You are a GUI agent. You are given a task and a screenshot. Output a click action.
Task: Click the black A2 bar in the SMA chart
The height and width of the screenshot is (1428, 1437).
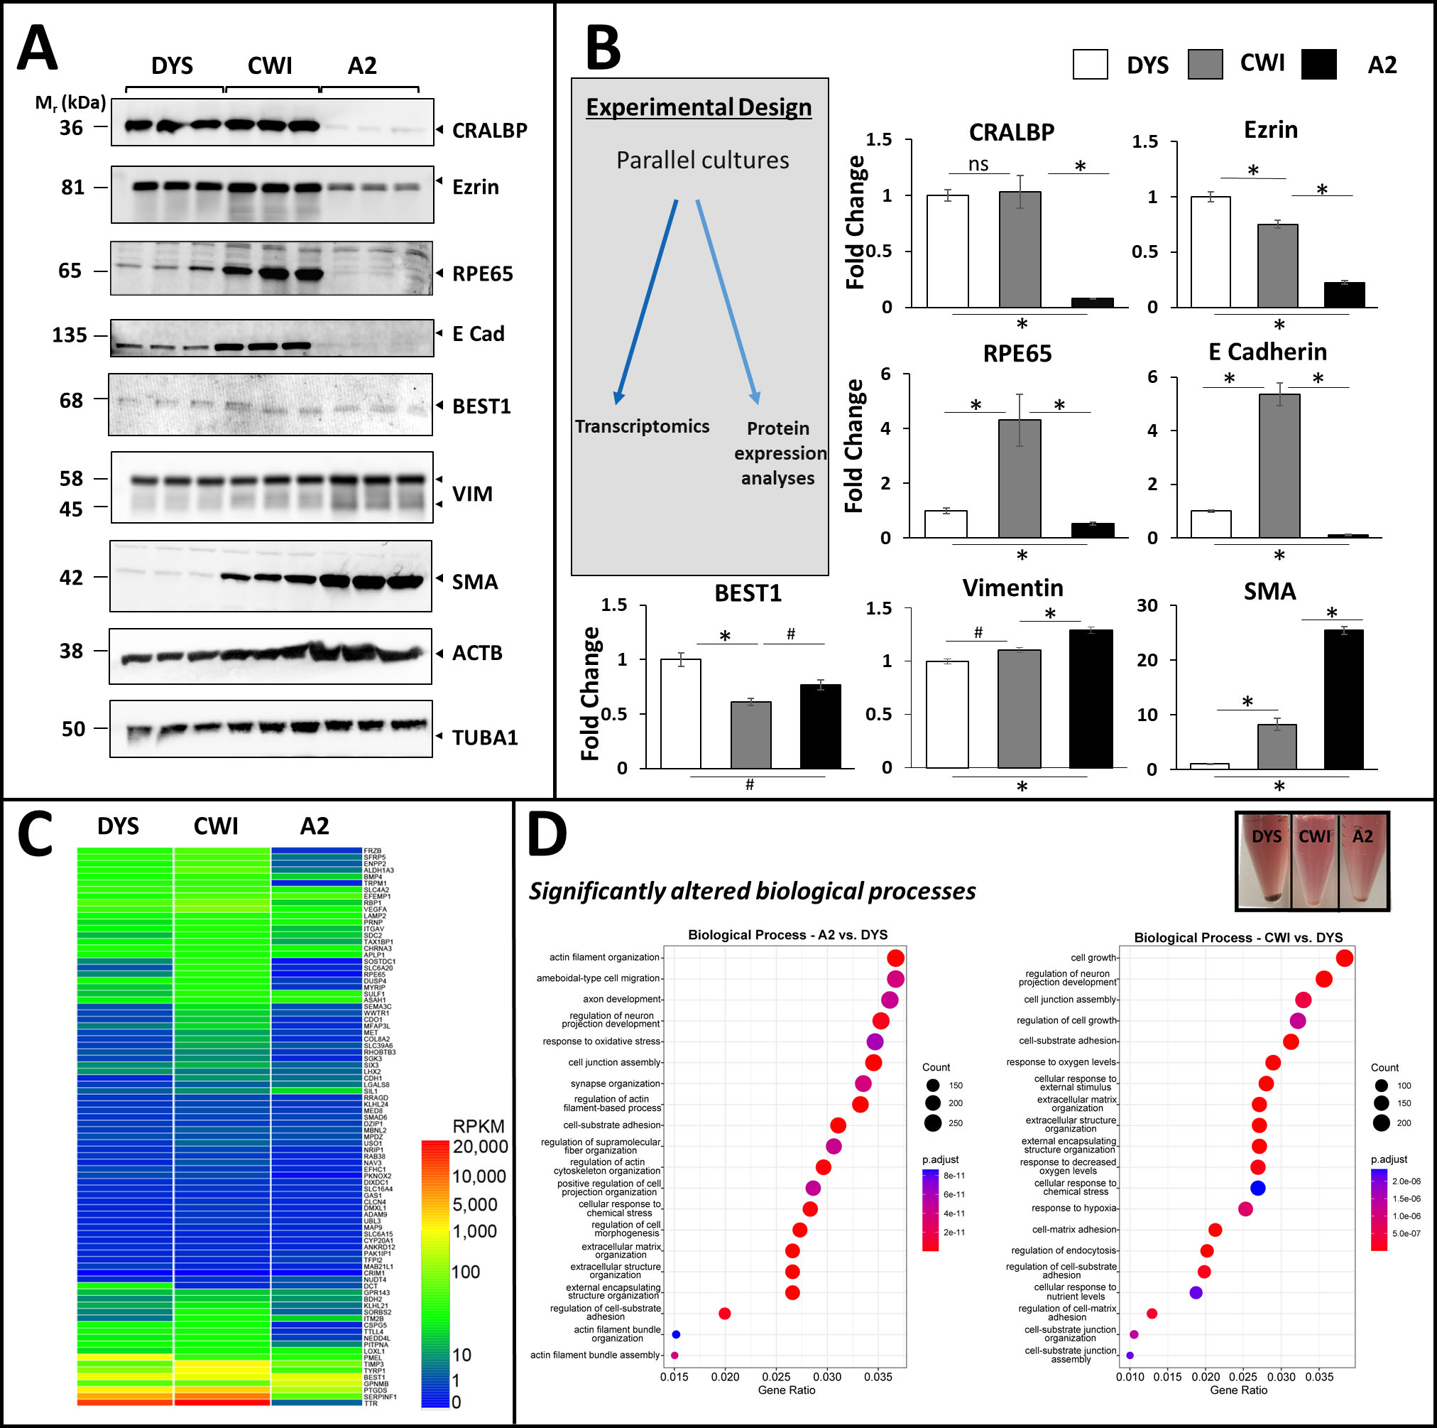[x=1343, y=699]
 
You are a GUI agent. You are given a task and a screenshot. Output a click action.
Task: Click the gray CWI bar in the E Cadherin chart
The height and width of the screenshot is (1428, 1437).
[x=1279, y=466]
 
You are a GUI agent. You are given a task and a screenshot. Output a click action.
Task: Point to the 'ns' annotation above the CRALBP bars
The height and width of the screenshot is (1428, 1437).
[x=978, y=163]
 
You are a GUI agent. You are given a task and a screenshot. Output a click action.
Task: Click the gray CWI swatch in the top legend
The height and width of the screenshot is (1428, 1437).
[x=1205, y=65]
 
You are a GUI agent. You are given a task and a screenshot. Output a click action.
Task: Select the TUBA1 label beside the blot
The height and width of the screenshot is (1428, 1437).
[x=485, y=737]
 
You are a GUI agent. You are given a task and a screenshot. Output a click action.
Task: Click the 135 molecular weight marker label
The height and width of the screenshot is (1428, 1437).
[x=69, y=335]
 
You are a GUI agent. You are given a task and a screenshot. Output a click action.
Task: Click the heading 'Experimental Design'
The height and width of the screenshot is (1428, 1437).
[x=699, y=107]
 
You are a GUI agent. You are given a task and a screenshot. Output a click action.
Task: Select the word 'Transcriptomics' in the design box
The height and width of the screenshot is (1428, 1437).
[x=642, y=426]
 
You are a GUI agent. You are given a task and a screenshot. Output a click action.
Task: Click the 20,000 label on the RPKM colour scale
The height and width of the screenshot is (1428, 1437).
[x=481, y=1147]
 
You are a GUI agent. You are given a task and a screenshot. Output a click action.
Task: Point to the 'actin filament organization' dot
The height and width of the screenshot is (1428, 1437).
[x=895, y=958]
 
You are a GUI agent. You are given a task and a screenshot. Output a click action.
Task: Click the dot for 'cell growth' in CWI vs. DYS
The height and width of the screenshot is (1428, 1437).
[x=1344, y=958]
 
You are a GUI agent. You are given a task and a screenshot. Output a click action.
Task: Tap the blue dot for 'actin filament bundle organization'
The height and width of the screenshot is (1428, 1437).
[x=676, y=1334]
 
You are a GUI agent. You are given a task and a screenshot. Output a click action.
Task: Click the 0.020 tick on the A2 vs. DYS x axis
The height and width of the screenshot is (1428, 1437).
[x=725, y=1377]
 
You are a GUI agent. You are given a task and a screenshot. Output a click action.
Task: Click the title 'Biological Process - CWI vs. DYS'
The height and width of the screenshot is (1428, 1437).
[x=1237, y=938]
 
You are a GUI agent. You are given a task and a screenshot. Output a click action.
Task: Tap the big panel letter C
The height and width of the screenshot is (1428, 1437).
[x=35, y=833]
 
